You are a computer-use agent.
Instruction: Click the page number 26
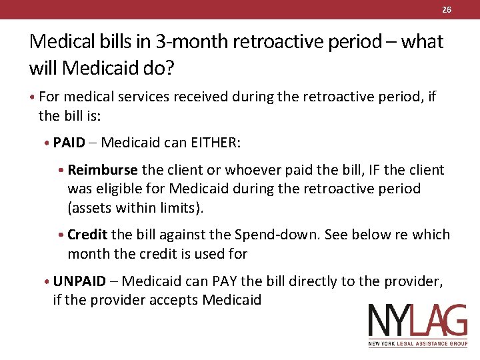pos(447,9)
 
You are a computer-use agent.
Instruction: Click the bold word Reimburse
pos(103,170)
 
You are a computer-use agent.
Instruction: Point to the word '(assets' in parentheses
pos(89,208)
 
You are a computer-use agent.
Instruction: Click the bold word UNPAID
pos(79,281)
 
